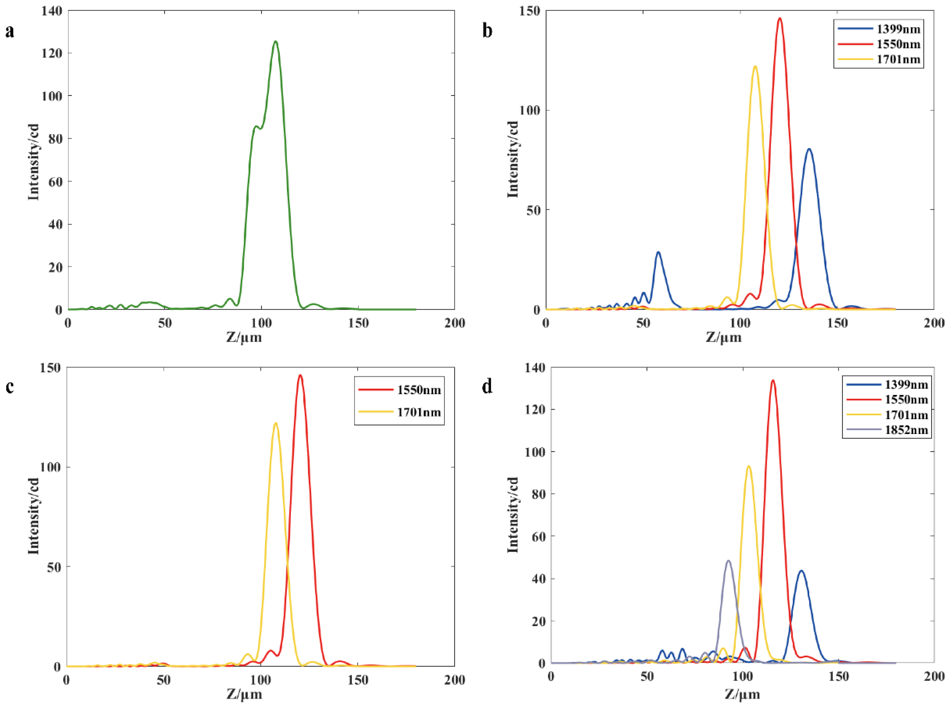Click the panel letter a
(9, 31)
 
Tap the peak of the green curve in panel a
(275, 42)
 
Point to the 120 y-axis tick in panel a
(51, 53)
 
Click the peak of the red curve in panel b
(779, 18)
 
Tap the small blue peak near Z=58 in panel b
(658, 252)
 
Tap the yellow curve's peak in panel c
(275, 423)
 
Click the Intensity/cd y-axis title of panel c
(34, 516)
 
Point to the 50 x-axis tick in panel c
(164, 680)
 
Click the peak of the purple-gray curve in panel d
(728, 561)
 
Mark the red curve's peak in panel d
(773, 380)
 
